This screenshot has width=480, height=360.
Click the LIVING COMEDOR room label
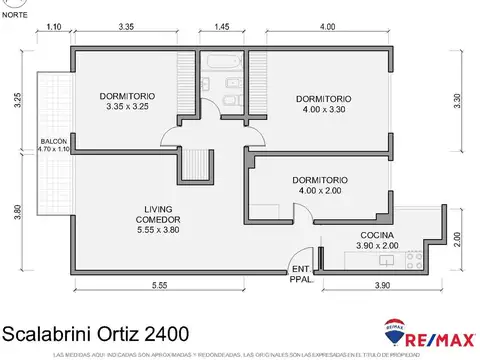(x=158, y=219)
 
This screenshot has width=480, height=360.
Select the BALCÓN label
(x=53, y=145)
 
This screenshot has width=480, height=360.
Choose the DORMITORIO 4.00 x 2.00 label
(x=320, y=185)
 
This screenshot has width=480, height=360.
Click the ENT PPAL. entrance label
(x=300, y=274)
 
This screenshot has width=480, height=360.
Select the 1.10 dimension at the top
(x=54, y=26)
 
